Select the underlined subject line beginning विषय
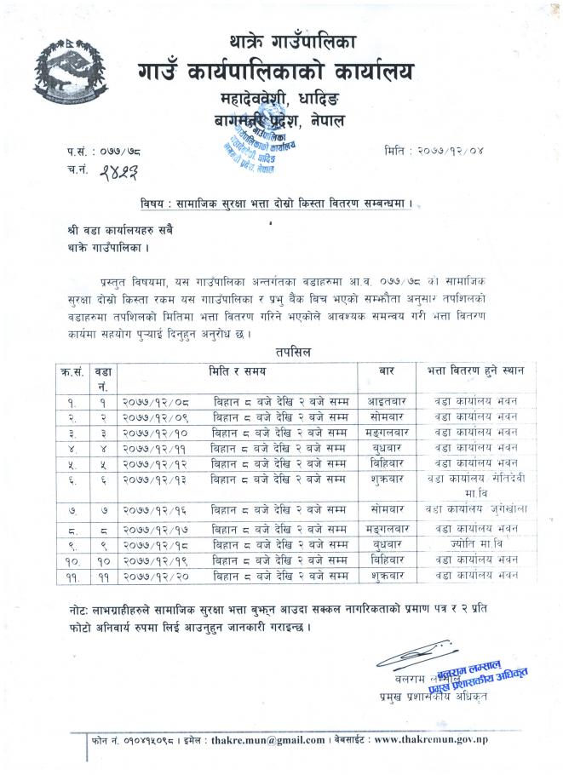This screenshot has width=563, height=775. tap(280, 205)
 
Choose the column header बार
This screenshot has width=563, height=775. tap(385, 370)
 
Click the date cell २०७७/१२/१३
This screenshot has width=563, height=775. tap(157, 478)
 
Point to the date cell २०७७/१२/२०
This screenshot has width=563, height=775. tap(157, 575)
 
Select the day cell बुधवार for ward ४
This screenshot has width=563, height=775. tap(385, 445)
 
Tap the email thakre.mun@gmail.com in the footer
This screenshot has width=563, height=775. tap(272, 740)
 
